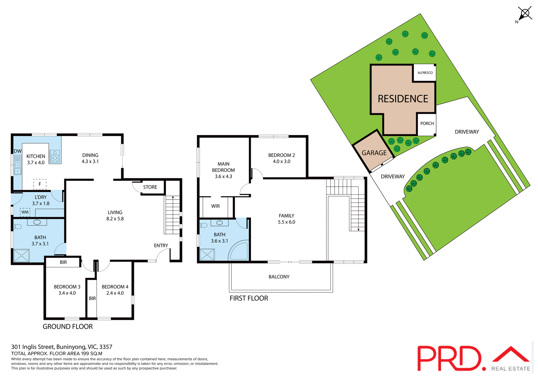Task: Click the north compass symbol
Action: click(x=525, y=14)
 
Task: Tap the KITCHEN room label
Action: click(x=36, y=156)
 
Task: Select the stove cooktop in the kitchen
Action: click(x=55, y=156)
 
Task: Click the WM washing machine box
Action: click(x=25, y=212)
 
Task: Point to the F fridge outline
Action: click(x=40, y=184)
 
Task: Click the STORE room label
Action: click(x=150, y=187)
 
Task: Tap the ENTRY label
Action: click(x=161, y=245)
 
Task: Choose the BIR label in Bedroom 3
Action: click(x=63, y=262)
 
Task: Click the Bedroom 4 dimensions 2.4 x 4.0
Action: click(x=115, y=293)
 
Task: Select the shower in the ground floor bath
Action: click(x=22, y=255)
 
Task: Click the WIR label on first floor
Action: click(x=215, y=206)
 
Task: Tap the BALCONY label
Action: click(x=279, y=277)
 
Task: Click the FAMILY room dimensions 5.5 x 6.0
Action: click(x=286, y=222)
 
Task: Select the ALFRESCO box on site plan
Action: click(x=425, y=73)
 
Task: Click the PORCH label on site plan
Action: click(x=427, y=123)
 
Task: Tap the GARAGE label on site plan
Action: click(x=374, y=153)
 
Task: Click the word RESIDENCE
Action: click(x=403, y=99)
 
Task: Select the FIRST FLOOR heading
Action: click(x=249, y=298)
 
